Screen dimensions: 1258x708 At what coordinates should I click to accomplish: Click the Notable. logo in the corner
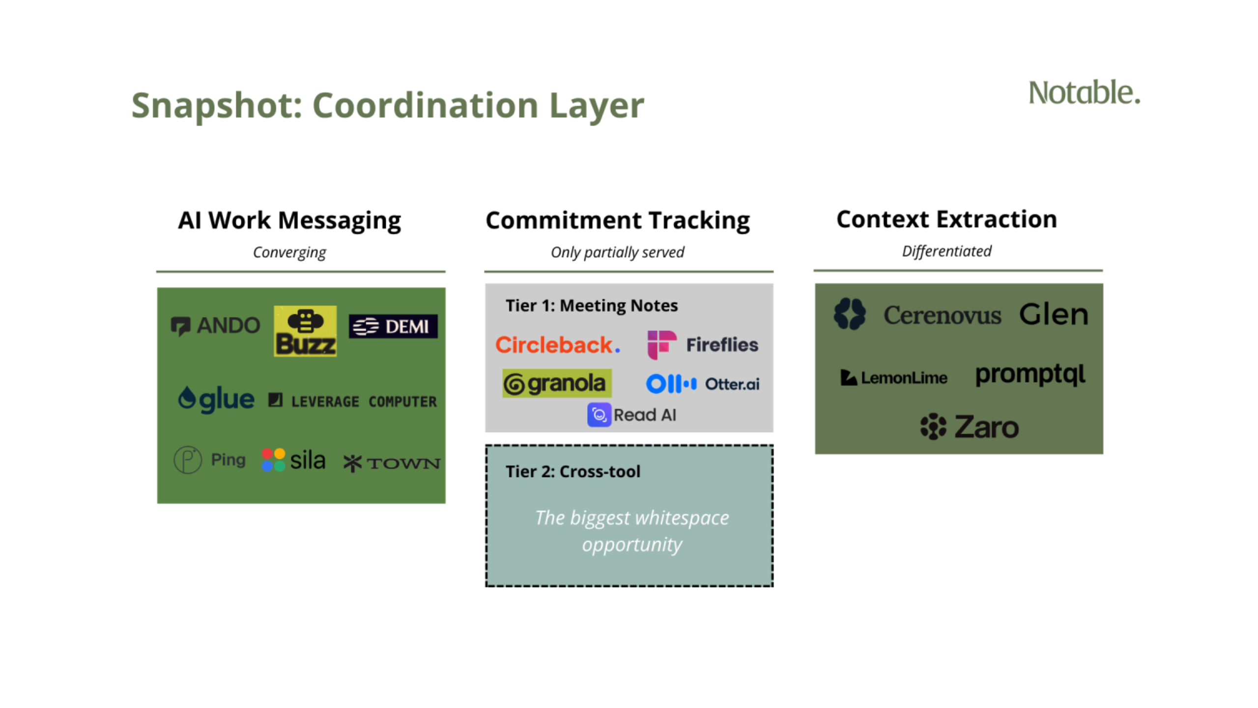pos(1084,93)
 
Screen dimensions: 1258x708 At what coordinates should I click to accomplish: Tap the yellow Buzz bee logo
pos(305,331)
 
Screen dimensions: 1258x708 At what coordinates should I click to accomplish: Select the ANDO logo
pos(215,326)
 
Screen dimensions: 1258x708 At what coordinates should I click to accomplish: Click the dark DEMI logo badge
pos(393,326)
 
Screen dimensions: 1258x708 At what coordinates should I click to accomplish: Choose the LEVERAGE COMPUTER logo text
pos(353,401)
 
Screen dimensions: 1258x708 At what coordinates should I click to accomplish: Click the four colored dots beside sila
pos(273,460)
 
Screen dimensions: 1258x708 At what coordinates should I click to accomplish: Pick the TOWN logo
pos(392,463)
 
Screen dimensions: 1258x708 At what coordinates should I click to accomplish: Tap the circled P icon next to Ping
pos(188,460)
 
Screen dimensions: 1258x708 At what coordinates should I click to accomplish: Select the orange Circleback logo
pos(558,345)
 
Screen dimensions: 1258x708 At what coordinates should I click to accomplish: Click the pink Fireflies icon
pos(661,345)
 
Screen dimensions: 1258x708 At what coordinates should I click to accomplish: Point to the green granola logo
pos(557,383)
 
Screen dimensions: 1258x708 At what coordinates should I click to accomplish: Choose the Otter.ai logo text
pos(732,384)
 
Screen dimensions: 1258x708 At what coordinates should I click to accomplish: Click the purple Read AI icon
pos(599,415)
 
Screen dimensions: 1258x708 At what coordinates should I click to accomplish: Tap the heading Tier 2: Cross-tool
pos(573,472)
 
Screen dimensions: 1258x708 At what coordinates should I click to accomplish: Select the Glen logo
pos(1054,314)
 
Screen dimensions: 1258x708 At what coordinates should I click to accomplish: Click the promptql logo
pos(1030,375)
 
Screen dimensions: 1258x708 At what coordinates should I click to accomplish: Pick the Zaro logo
pos(970,426)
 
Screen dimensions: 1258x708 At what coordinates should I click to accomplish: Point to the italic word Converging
pos(289,252)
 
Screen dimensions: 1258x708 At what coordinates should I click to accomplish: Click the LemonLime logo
pos(894,378)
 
